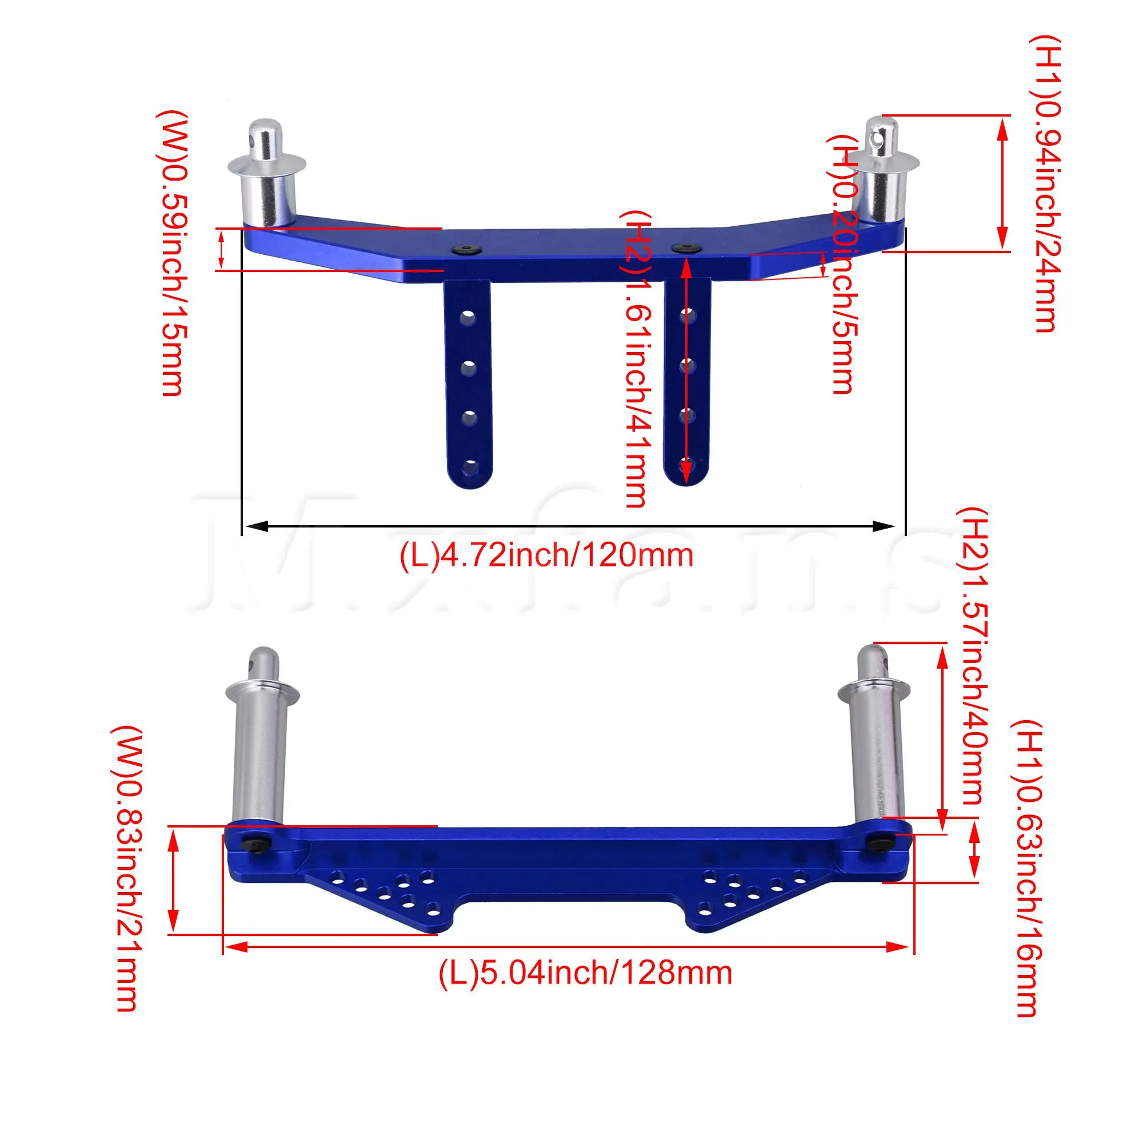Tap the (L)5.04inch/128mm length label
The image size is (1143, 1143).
point(585,973)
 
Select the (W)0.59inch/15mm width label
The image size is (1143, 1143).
point(175,253)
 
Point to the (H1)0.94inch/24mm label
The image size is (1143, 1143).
point(1046,183)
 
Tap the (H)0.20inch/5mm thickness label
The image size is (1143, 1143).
point(843,264)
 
